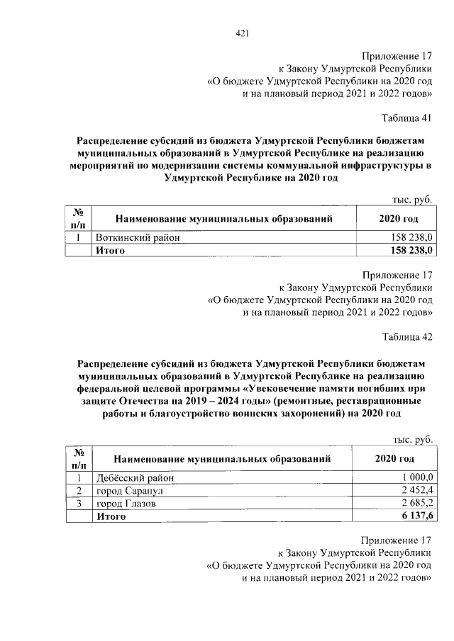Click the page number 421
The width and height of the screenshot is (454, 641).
pos(242,33)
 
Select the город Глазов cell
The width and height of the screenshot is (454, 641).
pos(126,504)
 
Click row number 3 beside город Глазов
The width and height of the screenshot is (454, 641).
pos(80,504)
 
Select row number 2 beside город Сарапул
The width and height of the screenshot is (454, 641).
pos(80,491)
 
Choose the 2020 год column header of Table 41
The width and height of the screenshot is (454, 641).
pos(396,219)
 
